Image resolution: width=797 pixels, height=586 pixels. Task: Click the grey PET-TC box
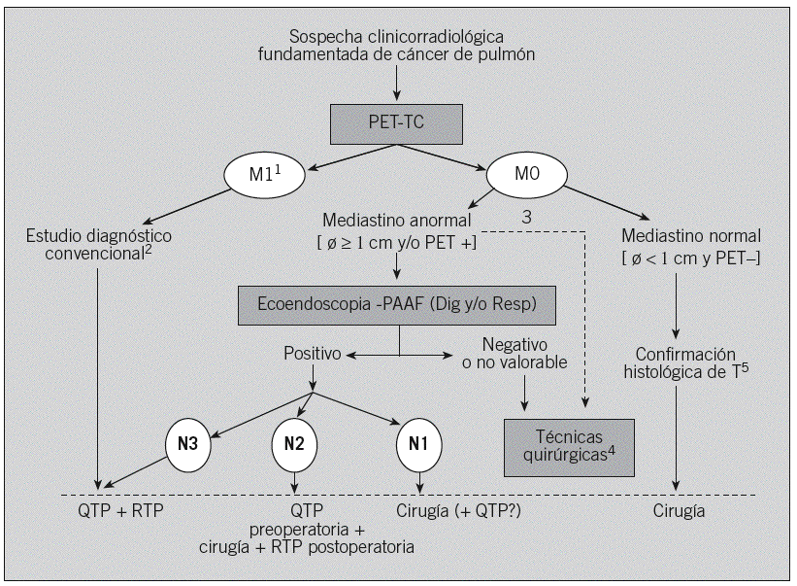[395, 123]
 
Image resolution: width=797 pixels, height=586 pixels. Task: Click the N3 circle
[188, 443]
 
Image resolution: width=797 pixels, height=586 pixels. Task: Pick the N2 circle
[295, 443]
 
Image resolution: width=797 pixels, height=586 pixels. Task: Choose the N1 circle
[419, 443]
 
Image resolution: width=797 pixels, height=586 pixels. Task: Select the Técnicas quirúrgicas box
[569, 447]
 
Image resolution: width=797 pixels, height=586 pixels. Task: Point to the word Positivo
[312, 354]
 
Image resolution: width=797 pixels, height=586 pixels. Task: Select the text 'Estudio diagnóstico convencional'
[100, 244]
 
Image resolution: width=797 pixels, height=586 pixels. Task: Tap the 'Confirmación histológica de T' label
[685, 362]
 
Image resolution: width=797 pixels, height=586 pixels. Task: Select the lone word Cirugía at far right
[677, 511]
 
